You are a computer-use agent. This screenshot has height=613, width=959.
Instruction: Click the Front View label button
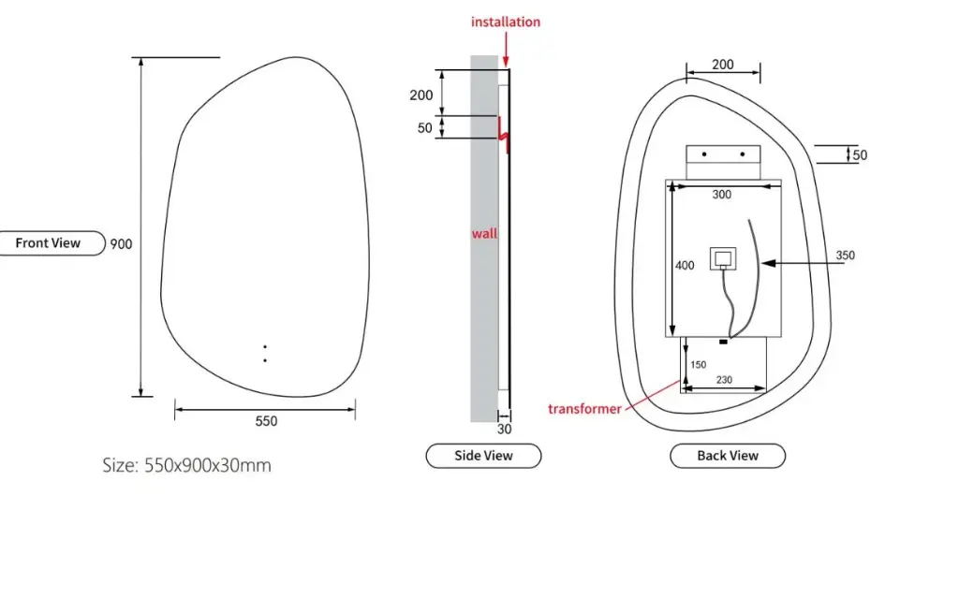coord(49,243)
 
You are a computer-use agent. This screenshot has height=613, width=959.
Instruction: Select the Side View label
coord(483,456)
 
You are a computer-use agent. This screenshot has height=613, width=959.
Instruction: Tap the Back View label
coord(728,456)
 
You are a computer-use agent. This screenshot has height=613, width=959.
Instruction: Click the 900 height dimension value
coord(122,244)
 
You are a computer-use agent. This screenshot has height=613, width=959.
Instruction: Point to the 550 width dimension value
coord(266,421)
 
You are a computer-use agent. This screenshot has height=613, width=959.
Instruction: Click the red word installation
coord(506,22)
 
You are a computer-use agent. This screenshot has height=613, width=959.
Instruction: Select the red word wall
coord(484,233)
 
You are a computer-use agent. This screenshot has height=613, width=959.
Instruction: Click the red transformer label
coord(584,409)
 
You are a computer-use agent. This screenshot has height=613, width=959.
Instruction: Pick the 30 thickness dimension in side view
coord(504,430)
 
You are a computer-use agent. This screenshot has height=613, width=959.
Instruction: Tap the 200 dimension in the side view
coord(421,95)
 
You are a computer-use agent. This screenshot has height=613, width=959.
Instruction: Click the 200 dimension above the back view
coord(723,65)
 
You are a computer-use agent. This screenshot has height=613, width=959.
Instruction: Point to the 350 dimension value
coord(845,255)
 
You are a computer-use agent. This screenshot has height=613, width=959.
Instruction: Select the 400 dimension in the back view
coord(685,266)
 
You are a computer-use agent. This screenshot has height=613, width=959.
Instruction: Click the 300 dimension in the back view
coord(722,195)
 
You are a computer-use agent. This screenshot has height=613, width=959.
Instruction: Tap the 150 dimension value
coord(698,364)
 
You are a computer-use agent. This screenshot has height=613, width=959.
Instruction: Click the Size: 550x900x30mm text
coord(186,465)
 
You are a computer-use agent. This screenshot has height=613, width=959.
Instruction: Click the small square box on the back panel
coord(722,257)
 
